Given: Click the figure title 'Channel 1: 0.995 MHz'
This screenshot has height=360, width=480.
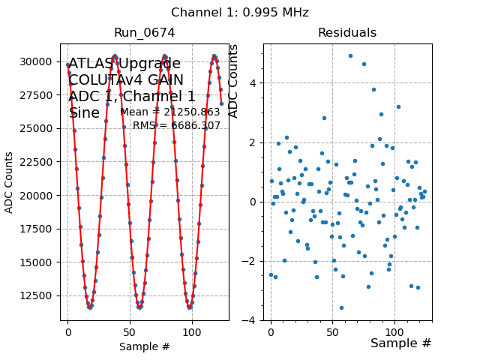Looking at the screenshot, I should pyautogui.click(x=239, y=13).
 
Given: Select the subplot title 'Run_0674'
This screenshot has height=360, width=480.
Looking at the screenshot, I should pyautogui.click(x=145, y=33).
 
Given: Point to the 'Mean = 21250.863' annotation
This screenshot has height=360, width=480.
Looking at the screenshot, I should pyautogui.click(x=170, y=112).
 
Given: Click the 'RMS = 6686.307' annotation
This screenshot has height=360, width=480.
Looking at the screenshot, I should pyautogui.click(x=177, y=126).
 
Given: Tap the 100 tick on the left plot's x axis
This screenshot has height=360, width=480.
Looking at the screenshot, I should pyautogui.click(x=192, y=333).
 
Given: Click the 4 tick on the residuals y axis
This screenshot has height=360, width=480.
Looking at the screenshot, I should pyautogui.click(x=254, y=83).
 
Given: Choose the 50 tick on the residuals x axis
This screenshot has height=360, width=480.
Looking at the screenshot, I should pyautogui.click(x=333, y=333).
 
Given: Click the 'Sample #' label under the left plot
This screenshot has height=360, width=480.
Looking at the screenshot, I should pyautogui.click(x=145, y=347).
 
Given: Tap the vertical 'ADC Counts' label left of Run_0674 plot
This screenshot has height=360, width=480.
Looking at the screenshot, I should pyautogui.click(x=10, y=182).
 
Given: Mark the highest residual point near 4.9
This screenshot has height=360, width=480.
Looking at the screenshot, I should pyautogui.click(x=350, y=55).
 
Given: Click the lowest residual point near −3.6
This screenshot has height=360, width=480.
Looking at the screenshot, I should pyautogui.click(x=341, y=307).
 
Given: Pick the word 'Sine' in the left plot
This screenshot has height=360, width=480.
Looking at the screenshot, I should pyautogui.click(x=84, y=113).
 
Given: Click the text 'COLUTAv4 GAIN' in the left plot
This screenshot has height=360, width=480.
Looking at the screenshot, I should pyautogui.click(x=126, y=80).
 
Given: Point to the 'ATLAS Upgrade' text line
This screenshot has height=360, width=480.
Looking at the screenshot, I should pyautogui.click(x=124, y=64).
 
